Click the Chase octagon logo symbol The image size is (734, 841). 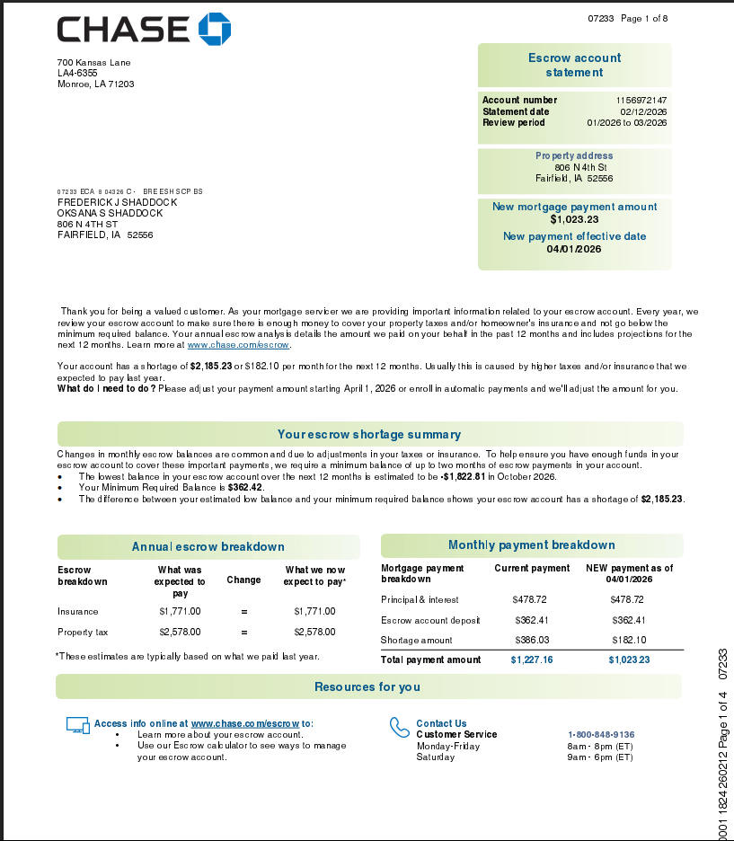[215, 29]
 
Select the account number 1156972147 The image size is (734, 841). [641, 100]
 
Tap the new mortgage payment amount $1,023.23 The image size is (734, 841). [574, 219]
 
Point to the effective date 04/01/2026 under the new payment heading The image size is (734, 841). [574, 249]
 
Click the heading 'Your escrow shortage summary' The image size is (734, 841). [369, 435]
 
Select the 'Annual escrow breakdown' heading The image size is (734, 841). [208, 546]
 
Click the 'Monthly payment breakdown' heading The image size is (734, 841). [531, 545]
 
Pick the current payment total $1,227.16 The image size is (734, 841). [532, 660]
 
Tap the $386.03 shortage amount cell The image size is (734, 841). [531, 640]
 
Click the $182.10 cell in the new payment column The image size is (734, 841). [628, 640]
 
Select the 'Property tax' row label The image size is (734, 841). [83, 632]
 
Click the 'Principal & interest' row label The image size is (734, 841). [420, 599]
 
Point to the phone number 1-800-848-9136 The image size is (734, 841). [601, 734]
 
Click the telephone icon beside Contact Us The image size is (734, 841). [399, 727]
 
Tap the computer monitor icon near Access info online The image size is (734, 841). [78, 725]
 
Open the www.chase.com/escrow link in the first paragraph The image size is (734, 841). [238, 344]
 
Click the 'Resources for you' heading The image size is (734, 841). [367, 686]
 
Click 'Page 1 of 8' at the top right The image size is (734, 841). [644, 18]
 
